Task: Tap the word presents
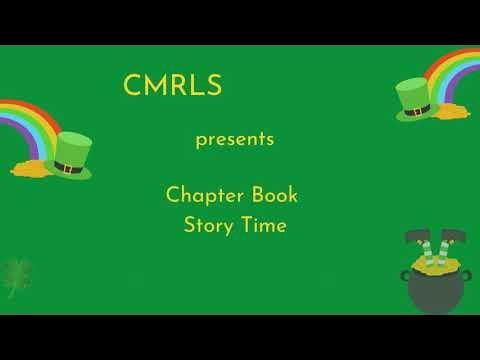[234, 139]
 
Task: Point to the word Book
[275, 193]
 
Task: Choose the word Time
[263, 225]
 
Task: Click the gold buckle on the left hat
[68, 168]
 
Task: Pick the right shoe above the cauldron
[456, 238]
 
